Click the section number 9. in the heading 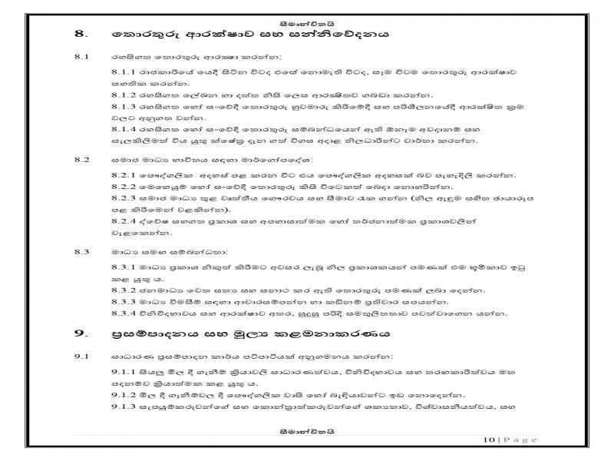click(x=80, y=334)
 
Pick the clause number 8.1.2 click(x=124, y=95)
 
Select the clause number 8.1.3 click(x=124, y=107)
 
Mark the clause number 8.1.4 click(x=124, y=129)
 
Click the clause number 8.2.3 click(x=124, y=197)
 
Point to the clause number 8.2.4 click(x=124, y=221)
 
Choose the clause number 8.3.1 click(x=124, y=267)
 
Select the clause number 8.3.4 click(x=124, y=313)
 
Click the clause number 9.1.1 click(x=124, y=372)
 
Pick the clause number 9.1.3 click(x=124, y=406)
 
